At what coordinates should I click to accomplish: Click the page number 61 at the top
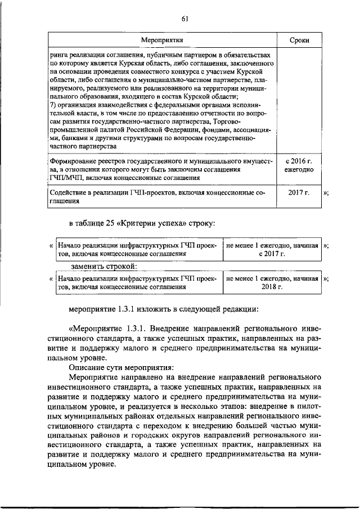tap(184, 19)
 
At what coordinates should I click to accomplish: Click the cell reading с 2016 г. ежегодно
tap(298, 165)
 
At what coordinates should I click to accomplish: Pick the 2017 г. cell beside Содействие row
tap(298, 194)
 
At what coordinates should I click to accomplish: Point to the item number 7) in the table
tap(53, 105)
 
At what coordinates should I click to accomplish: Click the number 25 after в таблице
tap(109, 224)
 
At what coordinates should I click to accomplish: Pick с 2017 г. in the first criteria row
tap(272, 254)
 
